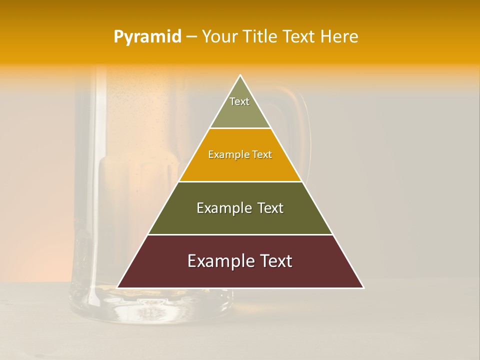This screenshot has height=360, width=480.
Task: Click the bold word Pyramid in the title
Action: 147,37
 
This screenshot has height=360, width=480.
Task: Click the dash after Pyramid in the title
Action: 191,37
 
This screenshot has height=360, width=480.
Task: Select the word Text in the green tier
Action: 271,208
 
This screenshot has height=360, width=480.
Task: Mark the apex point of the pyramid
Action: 240,75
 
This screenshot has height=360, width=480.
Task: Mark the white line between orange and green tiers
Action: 240,181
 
